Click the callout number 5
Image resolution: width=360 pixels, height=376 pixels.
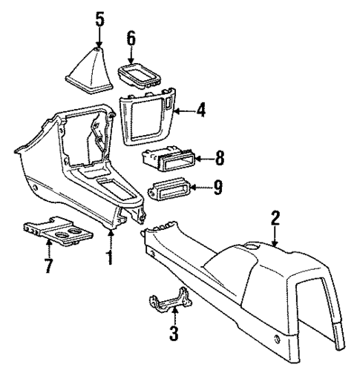(x=99, y=17)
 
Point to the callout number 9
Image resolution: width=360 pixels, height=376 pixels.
(x=217, y=190)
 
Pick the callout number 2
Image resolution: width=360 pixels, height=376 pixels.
(x=275, y=218)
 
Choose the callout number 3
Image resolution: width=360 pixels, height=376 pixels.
(x=173, y=332)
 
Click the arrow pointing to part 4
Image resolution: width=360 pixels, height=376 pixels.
(x=186, y=112)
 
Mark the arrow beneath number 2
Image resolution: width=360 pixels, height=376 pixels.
(x=275, y=235)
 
